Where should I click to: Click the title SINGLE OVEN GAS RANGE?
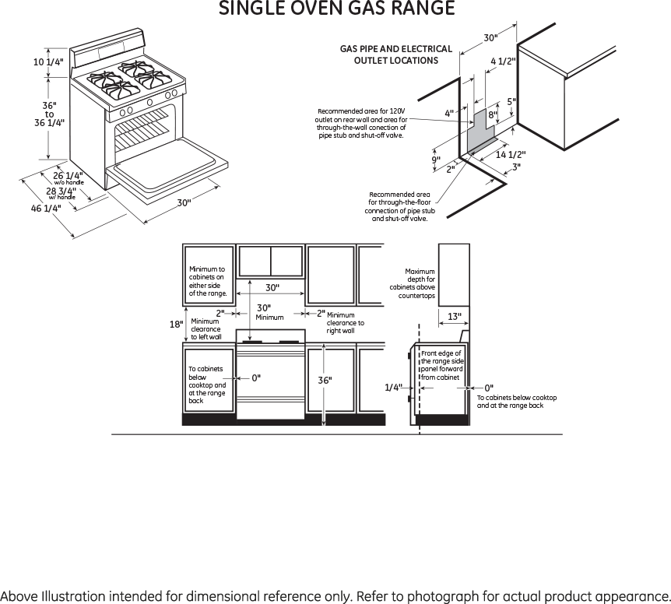point(336,9)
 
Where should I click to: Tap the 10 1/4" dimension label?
point(48,62)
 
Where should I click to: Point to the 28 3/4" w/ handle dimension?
point(61,191)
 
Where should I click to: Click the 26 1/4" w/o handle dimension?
point(68,176)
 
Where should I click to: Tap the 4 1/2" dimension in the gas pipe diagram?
point(503,61)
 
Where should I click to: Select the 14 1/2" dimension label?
point(511,154)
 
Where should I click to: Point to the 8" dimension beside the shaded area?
point(492,115)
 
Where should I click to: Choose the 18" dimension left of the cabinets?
point(176,324)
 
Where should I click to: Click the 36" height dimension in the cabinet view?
point(325,380)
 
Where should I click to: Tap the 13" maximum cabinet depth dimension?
point(455,316)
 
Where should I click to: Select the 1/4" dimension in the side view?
point(393,387)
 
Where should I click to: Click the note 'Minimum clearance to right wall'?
point(345,322)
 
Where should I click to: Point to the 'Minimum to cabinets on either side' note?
point(208,281)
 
